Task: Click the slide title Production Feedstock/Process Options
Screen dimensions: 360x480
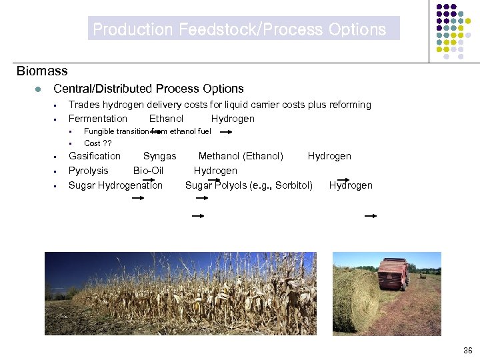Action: click(239, 29)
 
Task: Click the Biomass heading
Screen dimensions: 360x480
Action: click(42, 71)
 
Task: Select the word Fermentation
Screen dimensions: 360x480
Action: click(98, 119)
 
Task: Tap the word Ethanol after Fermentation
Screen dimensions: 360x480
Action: click(166, 119)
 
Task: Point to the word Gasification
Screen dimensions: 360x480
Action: click(95, 156)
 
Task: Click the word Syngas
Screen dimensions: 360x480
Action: click(160, 156)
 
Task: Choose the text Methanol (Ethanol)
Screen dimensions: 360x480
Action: click(241, 156)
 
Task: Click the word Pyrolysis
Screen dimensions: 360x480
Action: click(89, 171)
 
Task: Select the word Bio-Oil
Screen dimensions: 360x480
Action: click(148, 171)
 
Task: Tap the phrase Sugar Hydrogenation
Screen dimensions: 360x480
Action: click(115, 185)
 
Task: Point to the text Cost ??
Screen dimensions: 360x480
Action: click(98, 143)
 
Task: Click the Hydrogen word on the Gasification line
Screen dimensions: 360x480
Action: click(329, 156)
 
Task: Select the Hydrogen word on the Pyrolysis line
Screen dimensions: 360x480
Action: click(215, 171)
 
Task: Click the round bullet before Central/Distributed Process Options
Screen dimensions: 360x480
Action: click(40, 89)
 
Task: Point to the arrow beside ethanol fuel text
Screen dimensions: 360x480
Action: click(226, 132)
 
